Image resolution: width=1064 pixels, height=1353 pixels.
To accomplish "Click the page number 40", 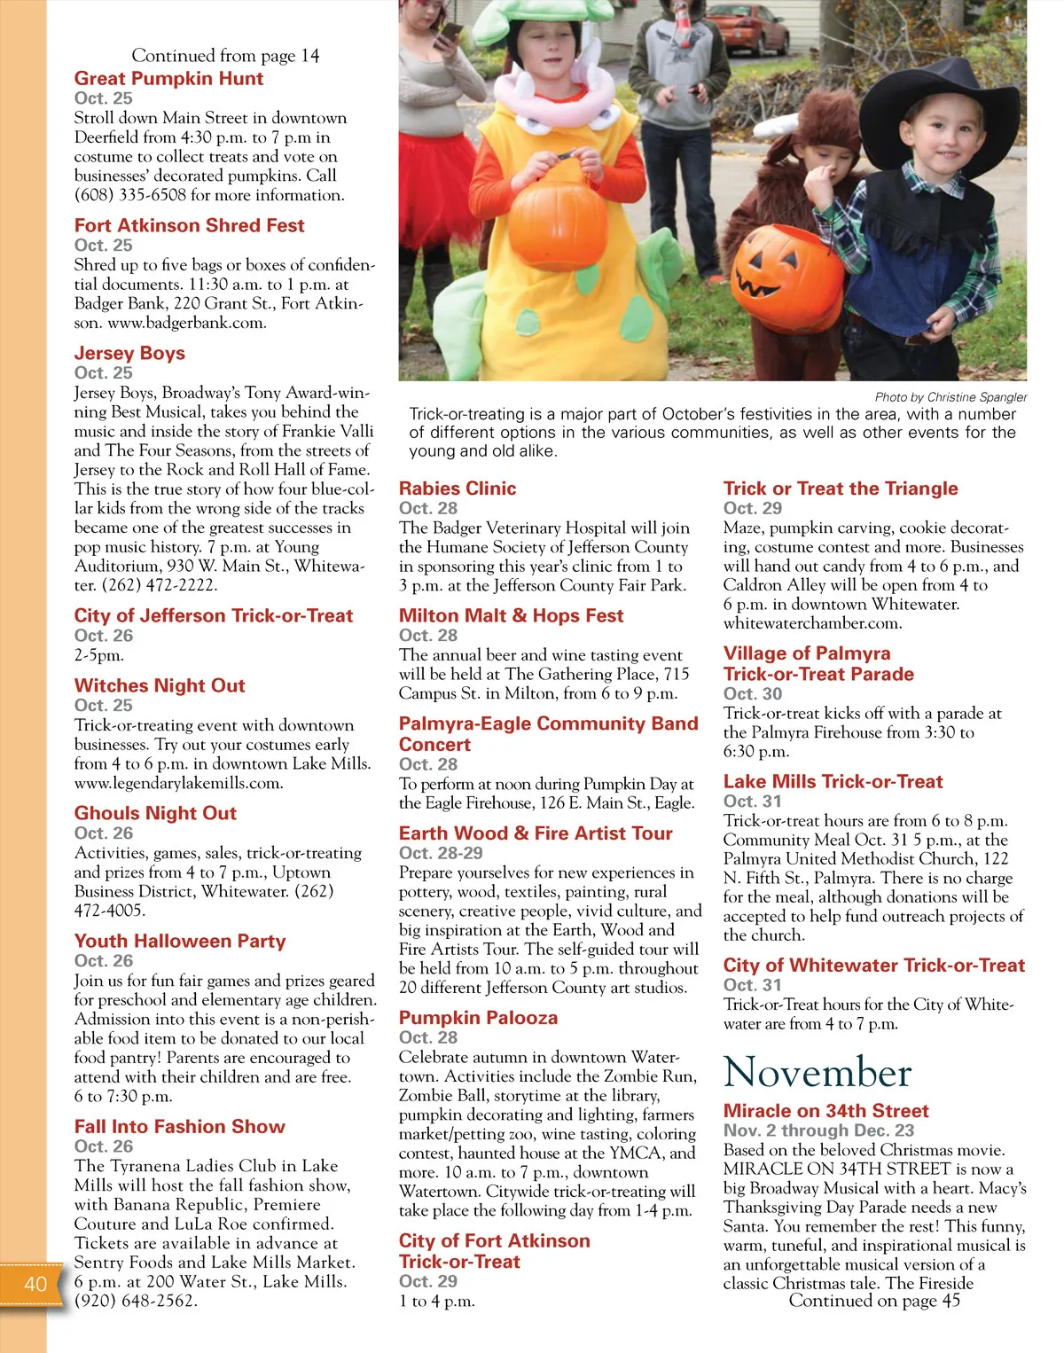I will [x=35, y=1284].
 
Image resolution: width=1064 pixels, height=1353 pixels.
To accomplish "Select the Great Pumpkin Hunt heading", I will [x=168, y=78].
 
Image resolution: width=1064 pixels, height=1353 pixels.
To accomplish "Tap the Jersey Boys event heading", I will [x=129, y=353].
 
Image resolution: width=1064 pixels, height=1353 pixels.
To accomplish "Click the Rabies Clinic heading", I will [x=458, y=489].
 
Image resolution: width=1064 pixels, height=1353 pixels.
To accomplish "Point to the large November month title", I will [x=817, y=1072].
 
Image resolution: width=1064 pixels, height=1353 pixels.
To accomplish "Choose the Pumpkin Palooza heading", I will [x=478, y=1018].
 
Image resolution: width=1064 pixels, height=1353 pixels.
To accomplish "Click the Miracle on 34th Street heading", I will [x=825, y=1111].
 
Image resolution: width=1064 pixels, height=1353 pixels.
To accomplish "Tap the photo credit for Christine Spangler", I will [x=951, y=397].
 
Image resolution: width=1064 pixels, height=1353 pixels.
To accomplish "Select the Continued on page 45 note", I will [x=874, y=1301].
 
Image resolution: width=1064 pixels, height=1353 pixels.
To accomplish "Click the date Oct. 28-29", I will [x=441, y=853].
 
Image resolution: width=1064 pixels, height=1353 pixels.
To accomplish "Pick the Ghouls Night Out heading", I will [x=155, y=813].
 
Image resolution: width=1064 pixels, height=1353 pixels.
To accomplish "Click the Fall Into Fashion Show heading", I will [x=180, y=1127].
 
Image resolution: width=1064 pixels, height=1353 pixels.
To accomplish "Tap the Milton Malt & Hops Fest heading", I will [x=511, y=616].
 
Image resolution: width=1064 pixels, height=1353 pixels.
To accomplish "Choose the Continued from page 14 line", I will [x=225, y=56].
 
